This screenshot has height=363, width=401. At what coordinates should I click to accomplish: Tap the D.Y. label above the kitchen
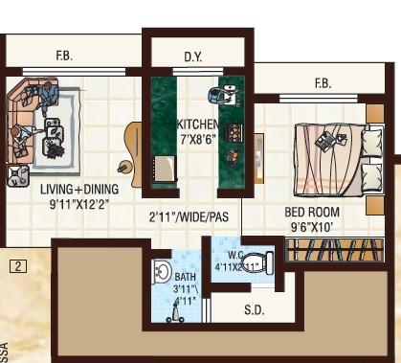[193, 57]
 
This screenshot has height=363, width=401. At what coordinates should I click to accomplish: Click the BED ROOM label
[311, 212]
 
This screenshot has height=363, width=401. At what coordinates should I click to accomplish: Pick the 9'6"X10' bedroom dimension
[311, 228]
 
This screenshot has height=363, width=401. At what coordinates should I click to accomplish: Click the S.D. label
[255, 309]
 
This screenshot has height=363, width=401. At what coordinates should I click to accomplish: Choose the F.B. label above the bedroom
[323, 85]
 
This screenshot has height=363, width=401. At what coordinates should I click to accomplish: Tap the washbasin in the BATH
[162, 272]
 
